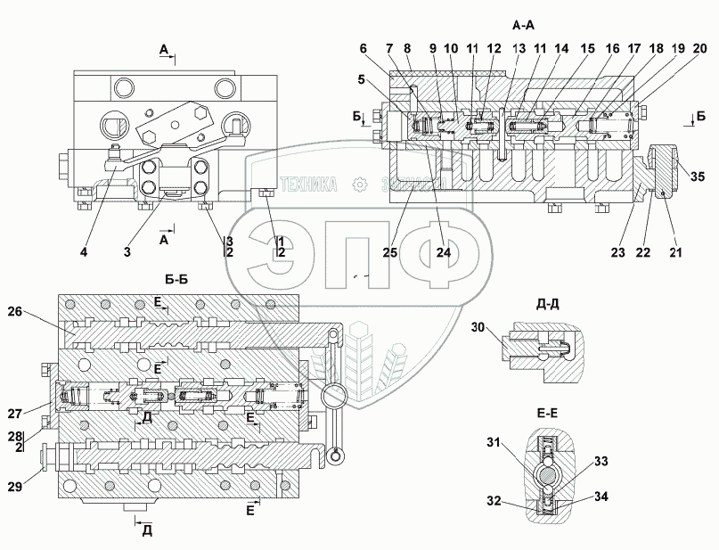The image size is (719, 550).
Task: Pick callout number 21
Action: [674, 251]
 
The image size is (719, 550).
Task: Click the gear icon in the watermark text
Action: [360, 184]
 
